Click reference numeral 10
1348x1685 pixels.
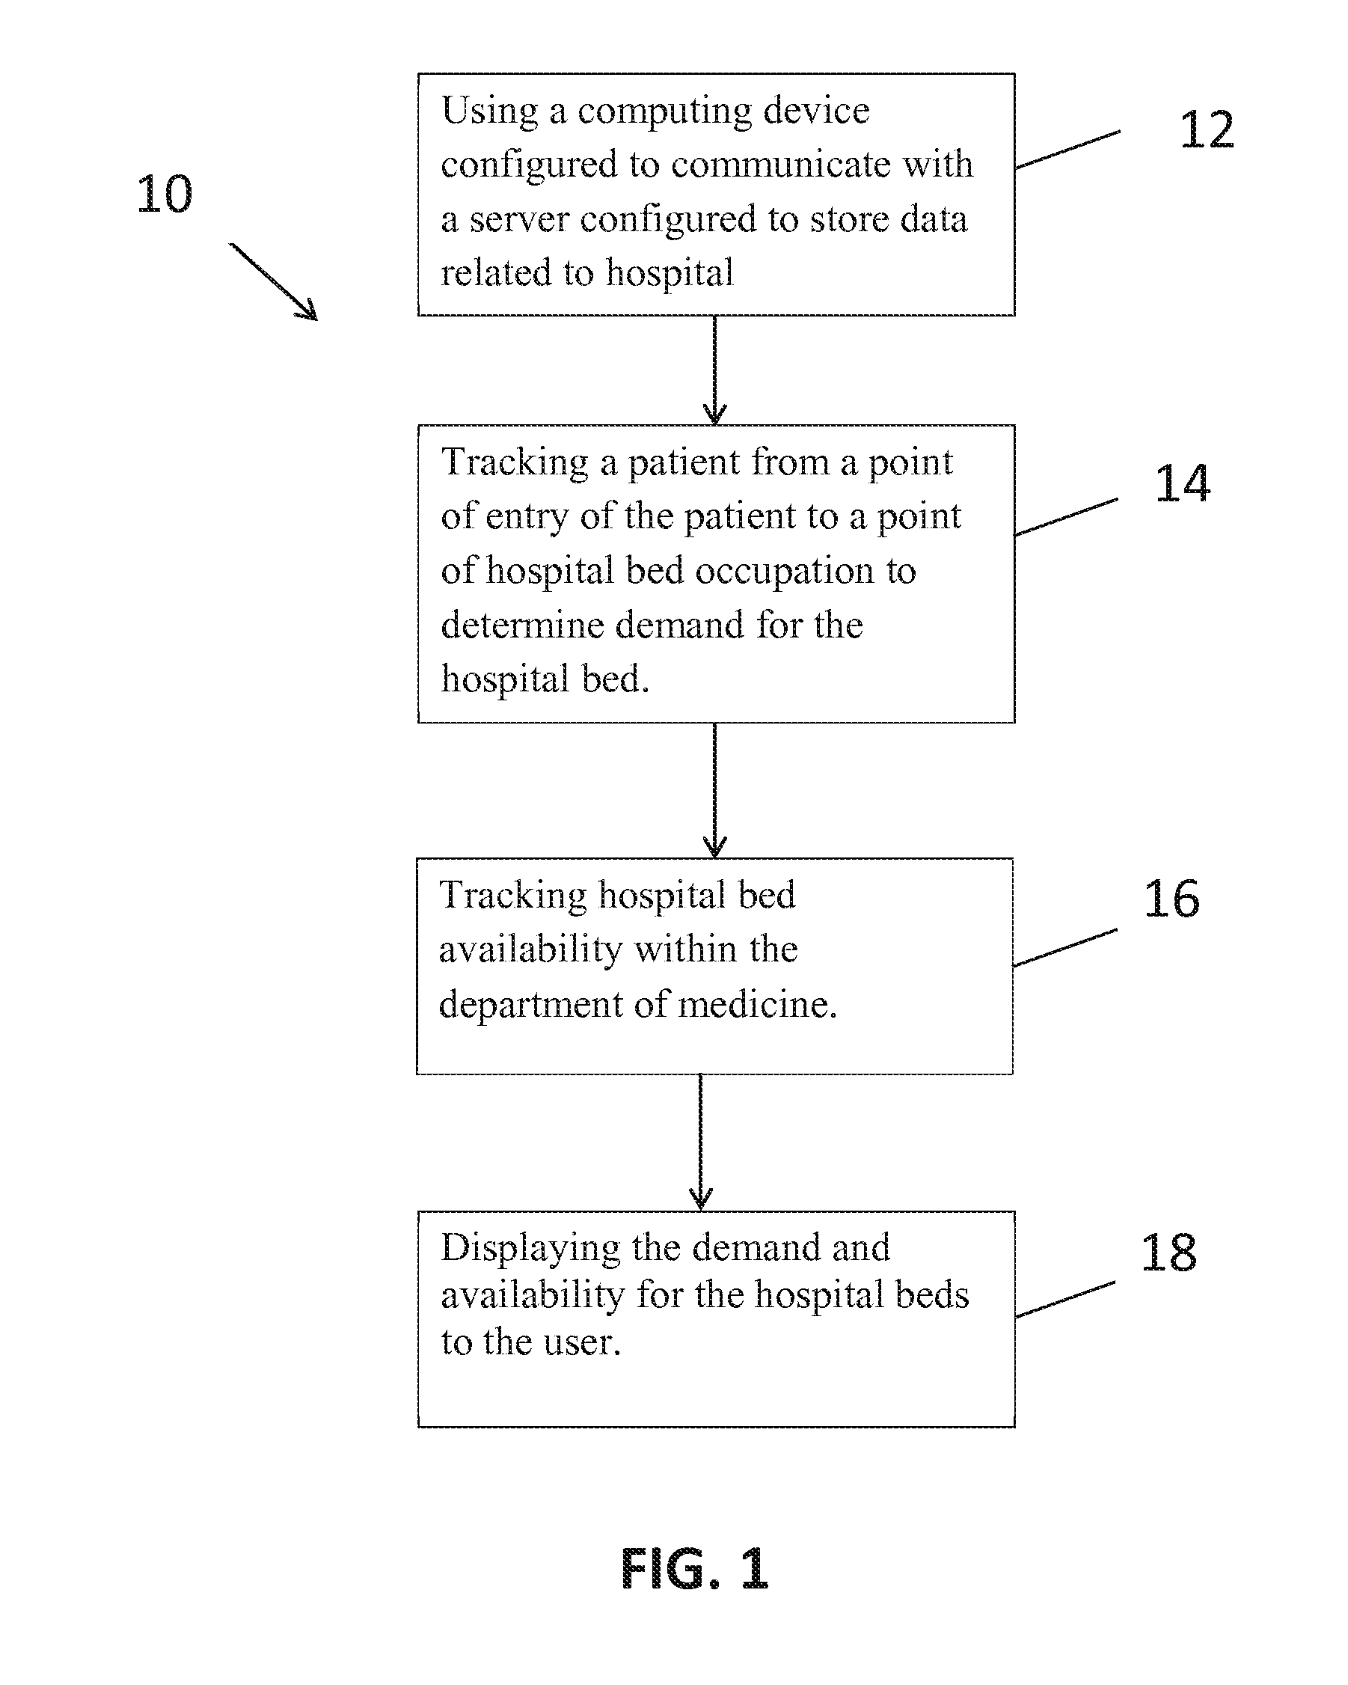point(164,194)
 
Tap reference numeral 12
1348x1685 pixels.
point(1207,129)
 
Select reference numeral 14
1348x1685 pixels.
point(1183,483)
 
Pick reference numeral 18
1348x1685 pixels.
point(1168,1253)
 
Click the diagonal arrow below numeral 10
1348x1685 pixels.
point(274,281)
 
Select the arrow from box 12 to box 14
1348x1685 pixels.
point(714,370)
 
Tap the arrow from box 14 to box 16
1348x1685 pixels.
point(714,790)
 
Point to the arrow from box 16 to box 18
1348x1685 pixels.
point(700,1143)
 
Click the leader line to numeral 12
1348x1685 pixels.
point(1067,150)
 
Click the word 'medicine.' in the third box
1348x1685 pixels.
point(757,1004)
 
